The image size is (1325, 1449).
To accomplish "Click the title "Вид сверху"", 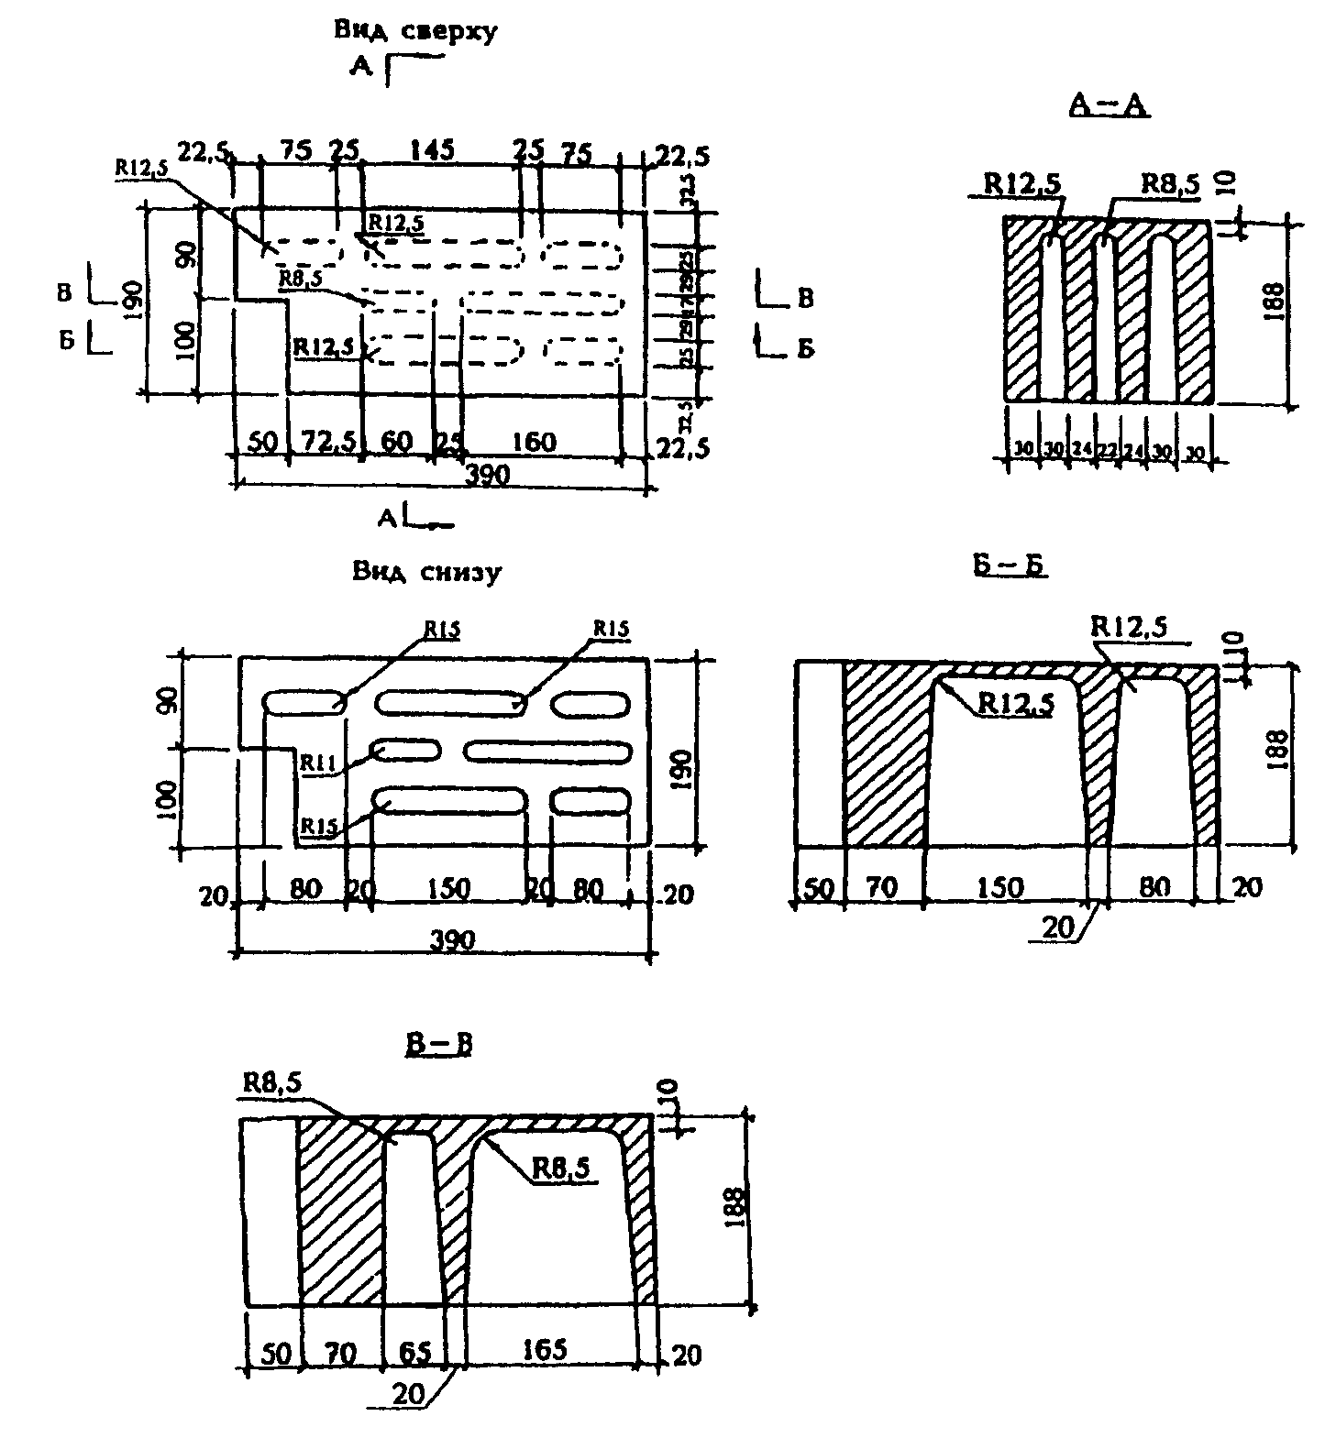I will click(x=415, y=30).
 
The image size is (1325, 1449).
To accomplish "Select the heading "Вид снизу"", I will click(x=427, y=573).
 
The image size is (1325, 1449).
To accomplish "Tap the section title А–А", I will click(x=1110, y=106).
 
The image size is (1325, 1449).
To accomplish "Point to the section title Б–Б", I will click(x=1010, y=566).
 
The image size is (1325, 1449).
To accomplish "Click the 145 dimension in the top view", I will click(x=432, y=149).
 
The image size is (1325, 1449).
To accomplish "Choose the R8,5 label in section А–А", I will click(x=1169, y=184).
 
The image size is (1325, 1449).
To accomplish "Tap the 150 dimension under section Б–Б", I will click(x=999, y=887).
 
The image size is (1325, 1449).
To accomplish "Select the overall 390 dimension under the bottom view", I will click(x=451, y=941).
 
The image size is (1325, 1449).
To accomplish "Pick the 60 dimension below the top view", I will click(x=396, y=444).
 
